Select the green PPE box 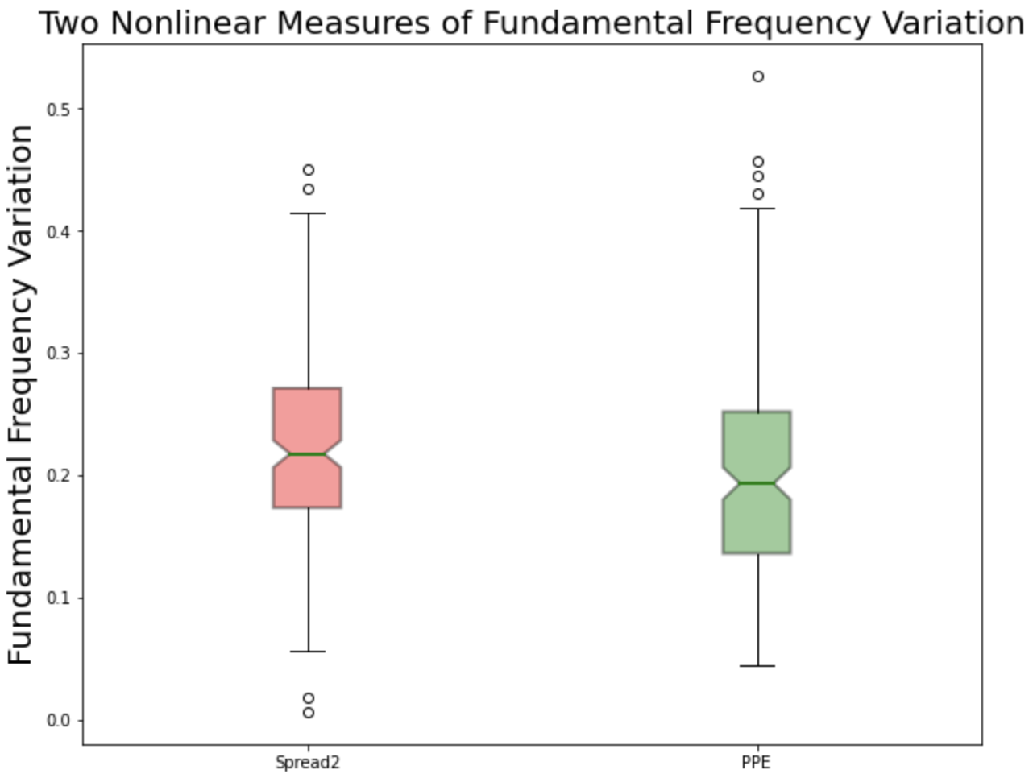point(757,443)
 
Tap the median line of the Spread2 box point(307,454)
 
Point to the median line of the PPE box point(757,482)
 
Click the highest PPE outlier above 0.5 point(757,77)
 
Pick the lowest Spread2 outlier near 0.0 point(308,713)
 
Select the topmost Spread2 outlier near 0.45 point(308,170)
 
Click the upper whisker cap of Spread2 point(307,213)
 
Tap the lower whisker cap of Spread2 point(307,651)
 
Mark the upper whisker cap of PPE point(757,209)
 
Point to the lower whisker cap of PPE point(757,666)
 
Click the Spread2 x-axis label point(307,763)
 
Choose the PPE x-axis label point(756,763)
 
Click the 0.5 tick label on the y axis point(59,110)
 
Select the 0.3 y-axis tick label point(59,354)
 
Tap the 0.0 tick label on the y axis point(59,720)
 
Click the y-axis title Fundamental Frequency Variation point(22,395)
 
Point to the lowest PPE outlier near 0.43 point(757,194)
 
